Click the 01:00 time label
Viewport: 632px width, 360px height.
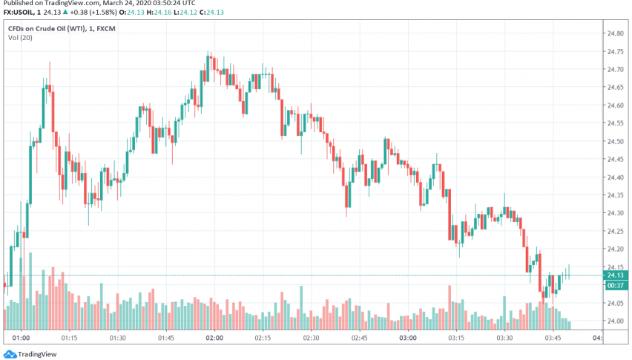21,338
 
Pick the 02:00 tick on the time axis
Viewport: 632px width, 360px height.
214,338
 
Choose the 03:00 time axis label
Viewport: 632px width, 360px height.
407,338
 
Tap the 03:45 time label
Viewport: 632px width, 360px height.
553,338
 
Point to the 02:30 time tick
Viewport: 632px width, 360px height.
311,338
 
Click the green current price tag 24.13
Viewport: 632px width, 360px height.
615,275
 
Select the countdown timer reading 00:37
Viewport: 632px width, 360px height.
615,285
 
